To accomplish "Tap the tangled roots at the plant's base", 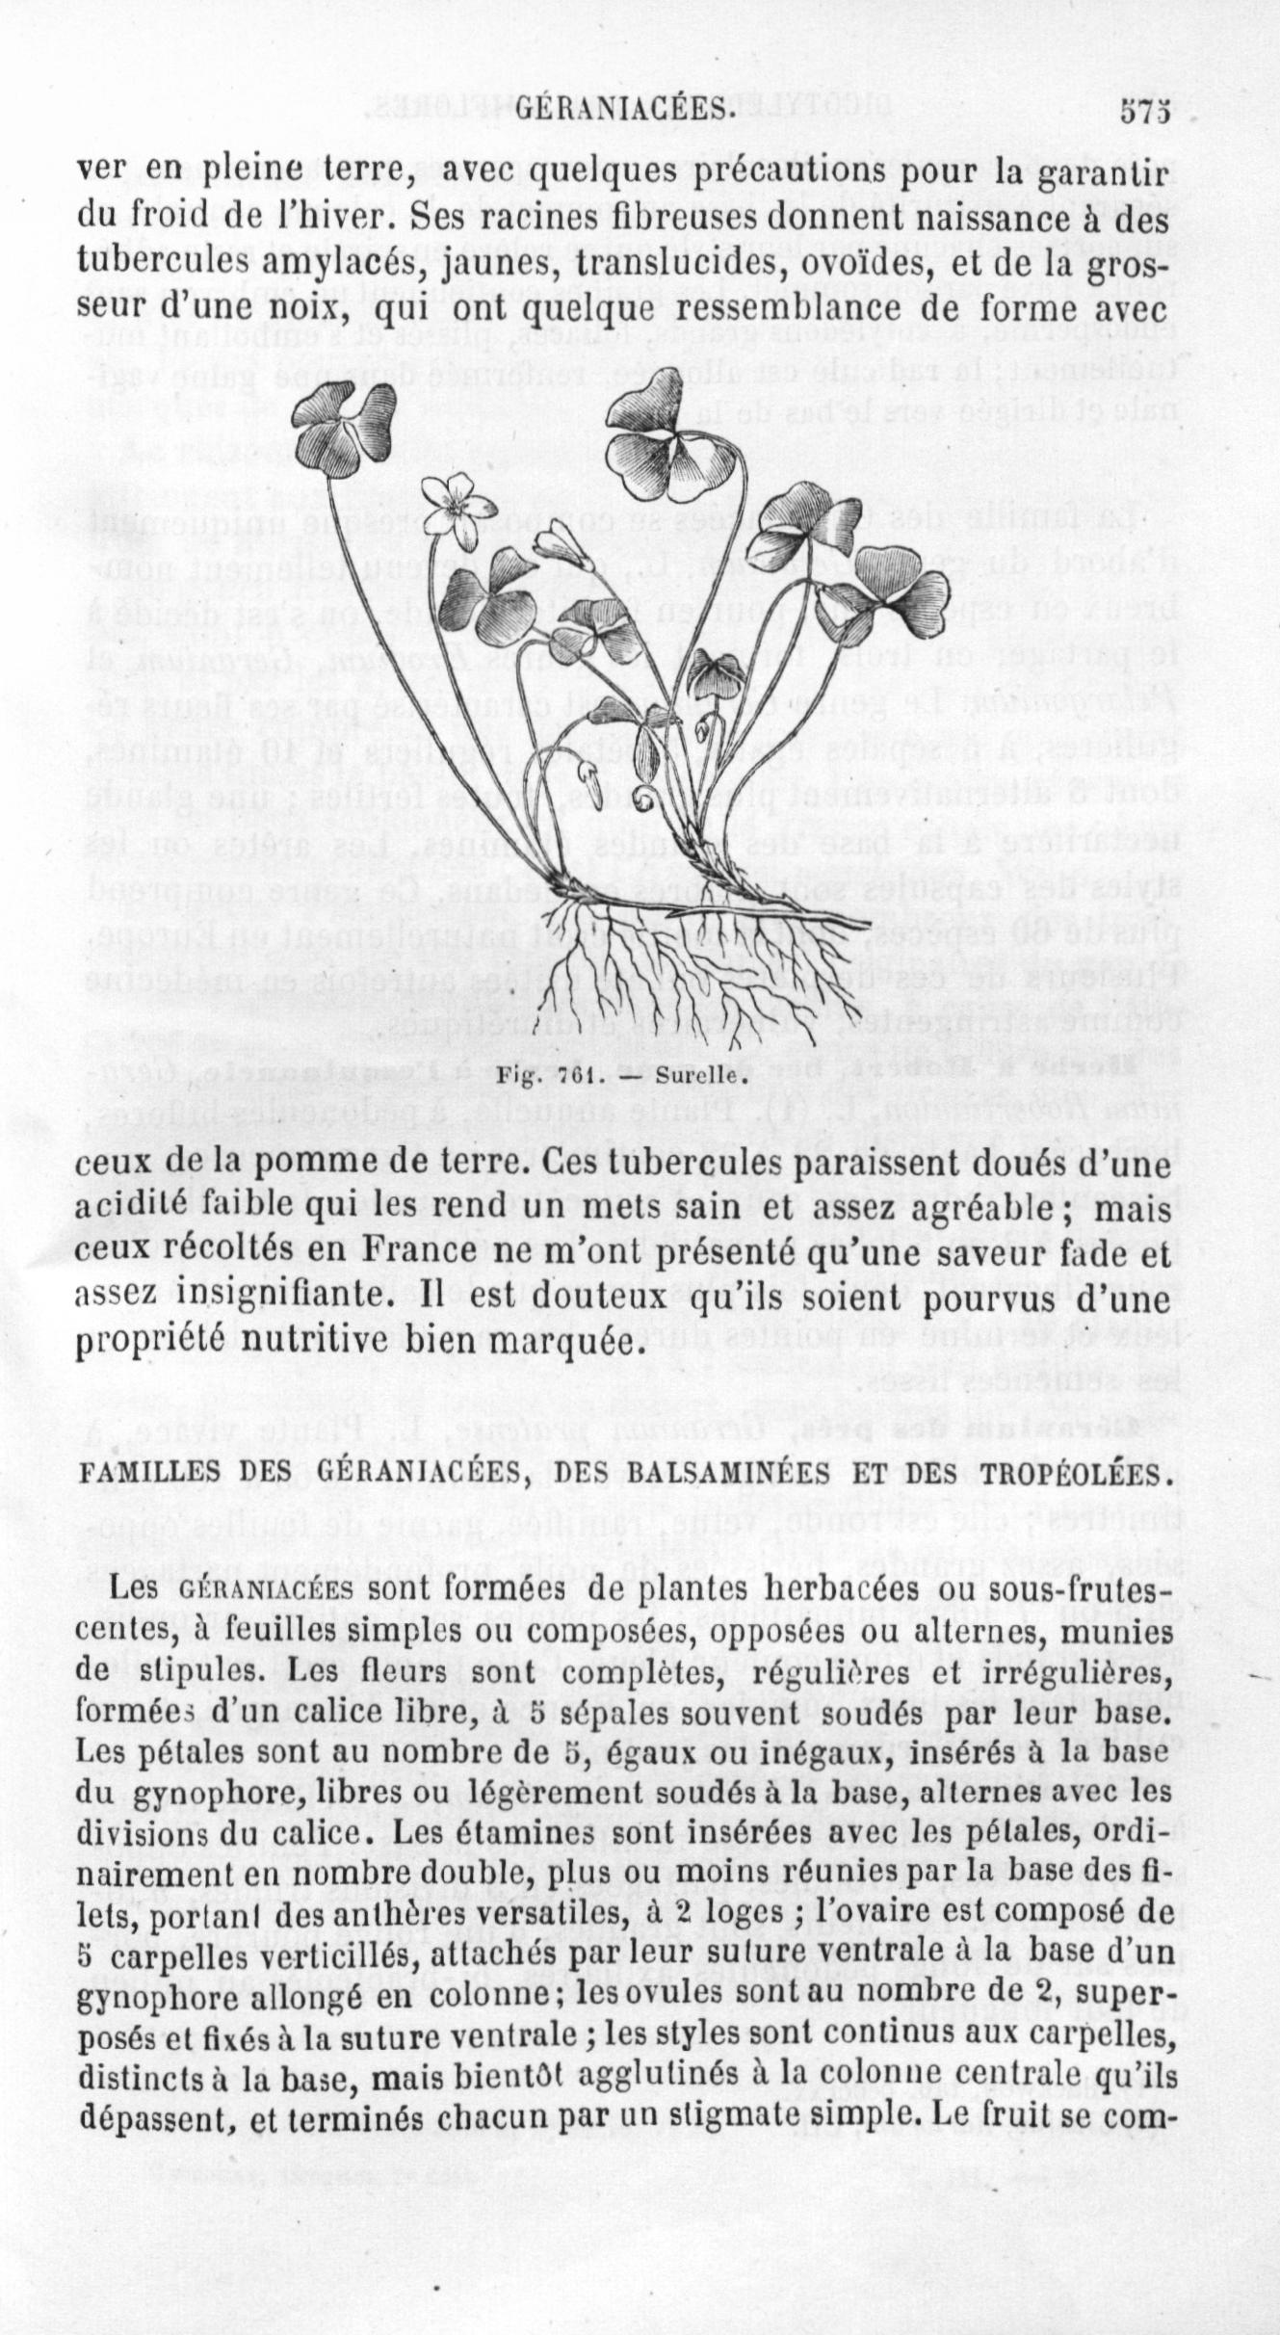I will click(665, 963).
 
